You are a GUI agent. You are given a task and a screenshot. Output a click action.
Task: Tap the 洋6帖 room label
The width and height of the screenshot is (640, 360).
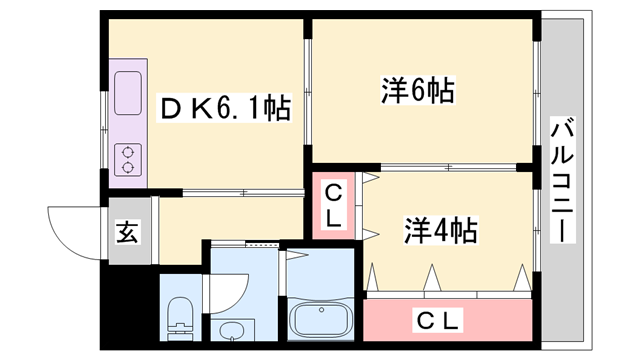(417, 92)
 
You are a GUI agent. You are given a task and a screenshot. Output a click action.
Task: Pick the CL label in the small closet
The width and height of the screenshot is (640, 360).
(333, 203)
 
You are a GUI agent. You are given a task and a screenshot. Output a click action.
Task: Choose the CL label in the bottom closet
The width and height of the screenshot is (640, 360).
(438, 320)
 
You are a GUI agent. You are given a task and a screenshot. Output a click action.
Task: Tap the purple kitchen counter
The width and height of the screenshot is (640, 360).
(130, 125)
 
